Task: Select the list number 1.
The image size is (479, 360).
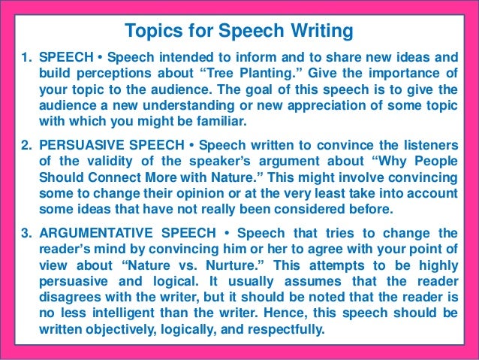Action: click(x=22, y=56)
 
